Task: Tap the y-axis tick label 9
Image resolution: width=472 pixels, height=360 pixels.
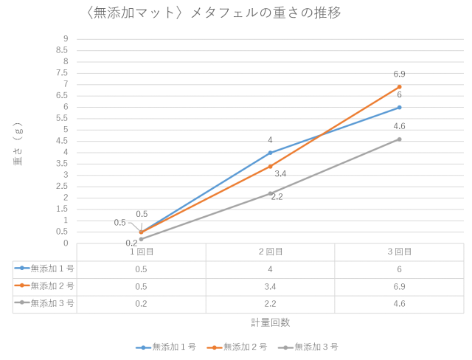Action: click(x=66, y=38)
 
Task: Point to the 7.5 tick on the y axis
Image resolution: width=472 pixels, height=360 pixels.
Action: click(x=64, y=72)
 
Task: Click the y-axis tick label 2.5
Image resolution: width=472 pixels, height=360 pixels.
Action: click(x=64, y=186)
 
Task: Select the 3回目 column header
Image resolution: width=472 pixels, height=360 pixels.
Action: click(x=399, y=252)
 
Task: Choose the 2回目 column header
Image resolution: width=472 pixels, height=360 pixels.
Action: click(x=270, y=252)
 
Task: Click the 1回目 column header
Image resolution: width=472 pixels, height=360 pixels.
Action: click(x=141, y=252)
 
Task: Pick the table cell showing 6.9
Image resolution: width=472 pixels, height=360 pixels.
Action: click(x=399, y=285)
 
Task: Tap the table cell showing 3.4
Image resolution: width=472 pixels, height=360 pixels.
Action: click(x=270, y=285)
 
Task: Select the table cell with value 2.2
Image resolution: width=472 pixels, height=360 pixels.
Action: click(x=270, y=302)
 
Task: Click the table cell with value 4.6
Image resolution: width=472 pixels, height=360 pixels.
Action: click(x=399, y=302)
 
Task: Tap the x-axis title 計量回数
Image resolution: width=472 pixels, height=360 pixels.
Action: click(x=270, y=322)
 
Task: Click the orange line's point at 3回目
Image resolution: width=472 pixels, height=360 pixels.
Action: click(x=399, y=86)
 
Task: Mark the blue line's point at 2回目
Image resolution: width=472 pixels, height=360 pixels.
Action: click(x=270, y=152)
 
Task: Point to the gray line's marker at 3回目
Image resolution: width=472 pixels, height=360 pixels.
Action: click(x=399, y=139)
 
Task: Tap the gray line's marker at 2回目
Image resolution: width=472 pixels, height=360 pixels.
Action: click(x=270, y=193)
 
